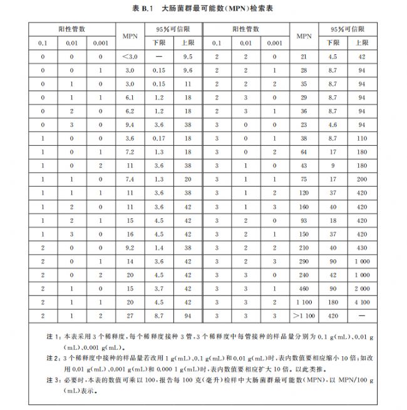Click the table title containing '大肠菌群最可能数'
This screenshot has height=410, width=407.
203,9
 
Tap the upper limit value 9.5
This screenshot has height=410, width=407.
186,57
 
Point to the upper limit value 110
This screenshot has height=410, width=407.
362,138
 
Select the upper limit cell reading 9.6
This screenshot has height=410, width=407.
186,71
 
